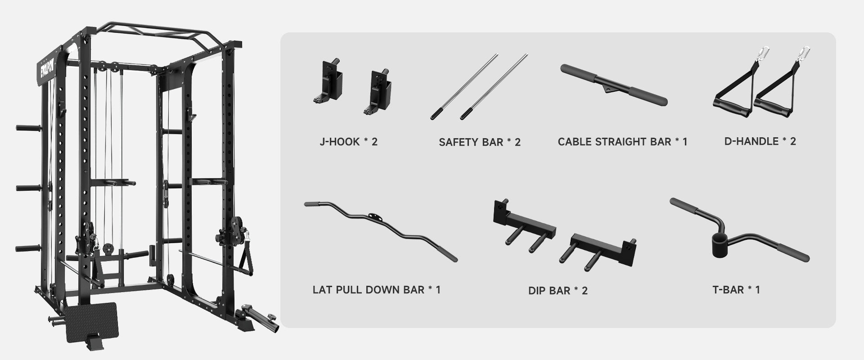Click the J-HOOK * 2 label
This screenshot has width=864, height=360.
click(x=348, y=142)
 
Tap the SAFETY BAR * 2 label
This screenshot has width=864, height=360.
click(x=480, y=142)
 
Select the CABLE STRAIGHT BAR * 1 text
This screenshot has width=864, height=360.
click(x=622, y=142)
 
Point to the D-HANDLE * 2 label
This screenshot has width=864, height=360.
click(x=760, y=141)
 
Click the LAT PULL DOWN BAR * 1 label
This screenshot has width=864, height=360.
click(x=377, y=289)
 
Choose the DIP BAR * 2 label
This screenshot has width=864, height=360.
click(x=558, y=290)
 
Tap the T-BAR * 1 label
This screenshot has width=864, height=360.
click(x=736, y=289)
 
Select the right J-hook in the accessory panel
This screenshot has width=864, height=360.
click(x=379, y=92)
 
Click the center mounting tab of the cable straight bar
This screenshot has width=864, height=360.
click(x=609, y=89)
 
